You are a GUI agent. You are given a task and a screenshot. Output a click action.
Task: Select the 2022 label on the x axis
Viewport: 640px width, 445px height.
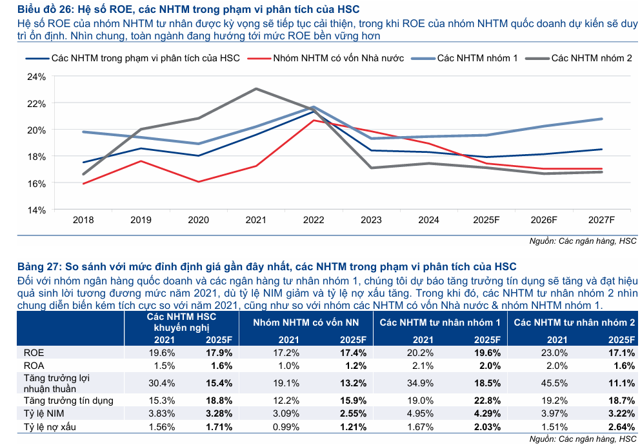click(x=314, y=220)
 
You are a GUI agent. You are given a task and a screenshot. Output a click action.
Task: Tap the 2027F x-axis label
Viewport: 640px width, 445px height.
click(x=601, y=220)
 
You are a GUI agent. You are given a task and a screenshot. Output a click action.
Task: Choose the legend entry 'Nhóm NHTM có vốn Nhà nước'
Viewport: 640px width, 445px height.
click(x=339, y=58)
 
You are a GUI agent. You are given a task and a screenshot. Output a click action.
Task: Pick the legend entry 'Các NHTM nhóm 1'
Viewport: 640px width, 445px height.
click(x=477, y=58)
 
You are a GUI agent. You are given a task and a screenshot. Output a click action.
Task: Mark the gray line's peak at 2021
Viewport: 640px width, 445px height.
click(x=256, y=88)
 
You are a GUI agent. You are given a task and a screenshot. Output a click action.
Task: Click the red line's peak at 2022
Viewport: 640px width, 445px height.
click(x=314, y=120)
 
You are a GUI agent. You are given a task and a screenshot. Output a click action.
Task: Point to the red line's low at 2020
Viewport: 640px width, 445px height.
click(x=199, y=182)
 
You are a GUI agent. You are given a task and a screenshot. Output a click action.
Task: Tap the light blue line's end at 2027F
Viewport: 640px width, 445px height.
click(x=601, y=119)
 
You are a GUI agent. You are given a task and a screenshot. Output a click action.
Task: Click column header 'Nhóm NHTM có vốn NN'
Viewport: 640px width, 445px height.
click(x=306, y=322)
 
